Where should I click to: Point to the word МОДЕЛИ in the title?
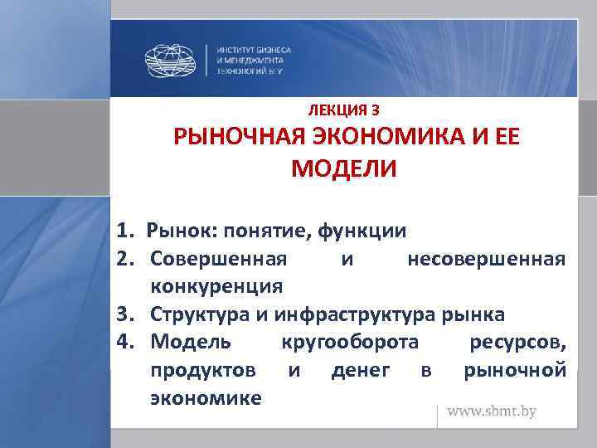[344, 169]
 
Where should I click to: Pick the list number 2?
[124, 260]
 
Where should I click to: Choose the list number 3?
[124, 315]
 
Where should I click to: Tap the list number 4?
[124, 343]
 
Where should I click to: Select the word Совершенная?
[220, 260]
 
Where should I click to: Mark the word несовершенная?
[487, 260]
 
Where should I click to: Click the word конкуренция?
[216, 287]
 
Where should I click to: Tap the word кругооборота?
[351, 343]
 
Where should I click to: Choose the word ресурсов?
[518, 343]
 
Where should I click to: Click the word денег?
[361, 370]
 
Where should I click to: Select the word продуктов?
[203, 370]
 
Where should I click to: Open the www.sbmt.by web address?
[493, 411]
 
